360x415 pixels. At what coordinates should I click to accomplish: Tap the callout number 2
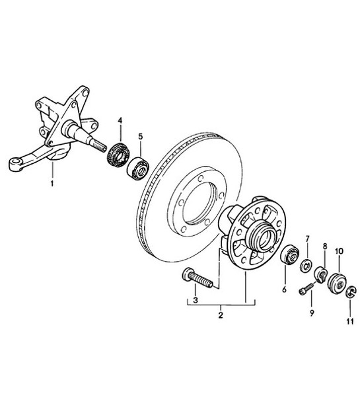(220, 316)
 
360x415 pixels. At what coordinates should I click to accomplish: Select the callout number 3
(195, 301)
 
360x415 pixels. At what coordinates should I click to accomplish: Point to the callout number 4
(120, 120)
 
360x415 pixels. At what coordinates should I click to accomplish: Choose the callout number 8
(324, 246)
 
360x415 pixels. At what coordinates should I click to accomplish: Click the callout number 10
(340, 251)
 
